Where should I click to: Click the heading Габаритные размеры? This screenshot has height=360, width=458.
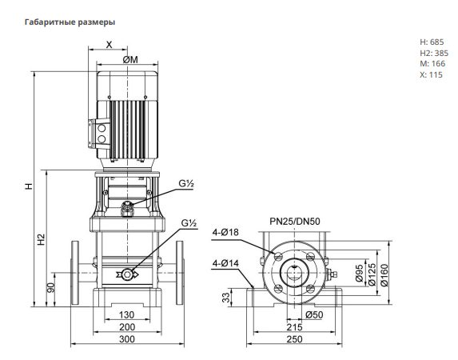click(70, 22)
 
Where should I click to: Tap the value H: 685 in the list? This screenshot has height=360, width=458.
click(432, 42)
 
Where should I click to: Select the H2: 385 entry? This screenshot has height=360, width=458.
click(434, 53)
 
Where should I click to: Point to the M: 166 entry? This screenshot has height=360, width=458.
click(432, 63)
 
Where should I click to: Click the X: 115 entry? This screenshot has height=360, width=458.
click(431, 74)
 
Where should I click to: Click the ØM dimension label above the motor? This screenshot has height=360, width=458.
click(130, 60)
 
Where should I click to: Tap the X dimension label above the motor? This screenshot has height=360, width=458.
click(109, 45)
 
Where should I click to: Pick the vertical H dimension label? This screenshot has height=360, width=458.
click(29, 186)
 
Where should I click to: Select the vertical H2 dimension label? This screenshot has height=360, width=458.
click(42, 239)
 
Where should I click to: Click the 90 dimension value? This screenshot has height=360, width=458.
click(51, 287)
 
